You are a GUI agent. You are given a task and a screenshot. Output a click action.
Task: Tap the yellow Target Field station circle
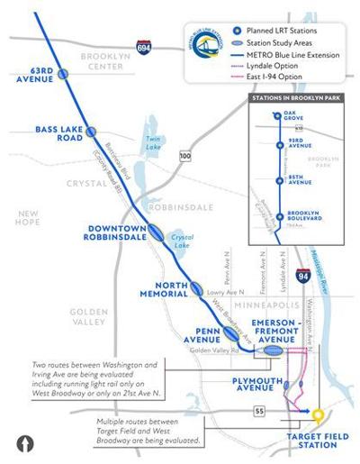point(318,416)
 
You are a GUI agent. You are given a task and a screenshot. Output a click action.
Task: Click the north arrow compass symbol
point(25,443)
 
